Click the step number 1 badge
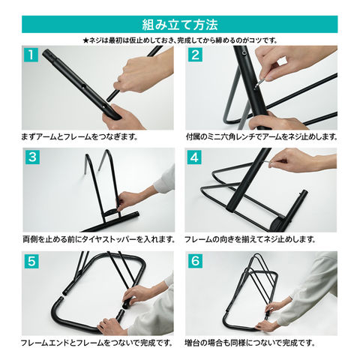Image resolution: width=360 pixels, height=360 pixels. pos(30,55)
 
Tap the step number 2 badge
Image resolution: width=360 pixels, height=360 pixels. pos(195,55)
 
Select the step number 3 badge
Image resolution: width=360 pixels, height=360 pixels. pos(32,157)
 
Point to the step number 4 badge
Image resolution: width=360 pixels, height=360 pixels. pos(194,157)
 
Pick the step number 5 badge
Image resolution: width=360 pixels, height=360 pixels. pos(31,261)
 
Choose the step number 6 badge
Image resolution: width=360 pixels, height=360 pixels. pos(195,261)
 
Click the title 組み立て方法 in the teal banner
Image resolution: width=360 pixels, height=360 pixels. pos(180,25)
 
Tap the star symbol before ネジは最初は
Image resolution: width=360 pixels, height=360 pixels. pos(86,40)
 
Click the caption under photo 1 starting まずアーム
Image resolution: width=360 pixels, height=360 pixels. pos(79,136)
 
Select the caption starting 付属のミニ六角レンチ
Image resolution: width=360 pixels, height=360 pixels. pos(262,136)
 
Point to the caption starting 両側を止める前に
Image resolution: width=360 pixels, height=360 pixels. pos(99,239)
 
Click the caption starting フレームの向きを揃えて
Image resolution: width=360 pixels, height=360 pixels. pos(250,239)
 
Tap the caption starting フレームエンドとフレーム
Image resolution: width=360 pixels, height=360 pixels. pos(97,343)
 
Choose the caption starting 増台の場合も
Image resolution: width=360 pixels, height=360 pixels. pos(250,343)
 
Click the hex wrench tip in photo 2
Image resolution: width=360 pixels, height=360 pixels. pos(256,87)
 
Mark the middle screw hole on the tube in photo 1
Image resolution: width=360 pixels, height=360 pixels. pos(83,86)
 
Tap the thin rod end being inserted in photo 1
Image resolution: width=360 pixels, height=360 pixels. pos(109,99)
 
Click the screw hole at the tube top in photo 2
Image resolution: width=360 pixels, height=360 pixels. pos(243,52)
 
